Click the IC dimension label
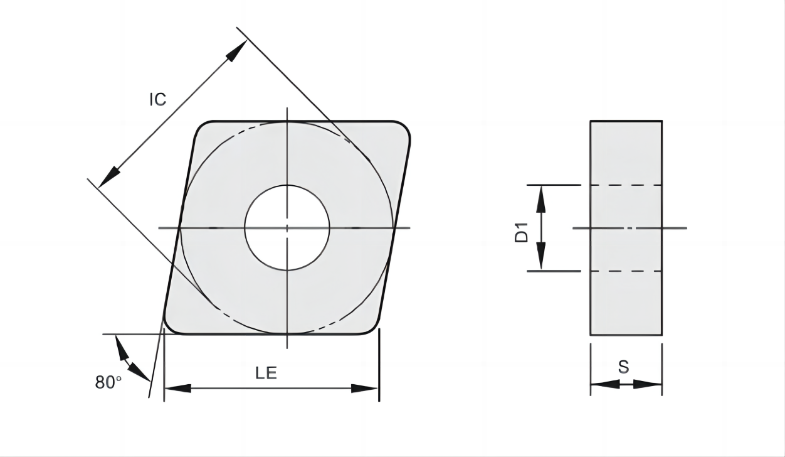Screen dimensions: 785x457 point(158,99)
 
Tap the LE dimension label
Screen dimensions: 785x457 point(266,373)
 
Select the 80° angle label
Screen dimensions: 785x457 point(108,382)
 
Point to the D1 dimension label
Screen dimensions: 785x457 point(522,232)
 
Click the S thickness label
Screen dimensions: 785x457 point(623,367)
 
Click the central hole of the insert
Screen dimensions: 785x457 point(287,228)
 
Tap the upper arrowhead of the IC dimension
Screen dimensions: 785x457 point(236,51)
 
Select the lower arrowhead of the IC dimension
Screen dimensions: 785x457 point(109,178)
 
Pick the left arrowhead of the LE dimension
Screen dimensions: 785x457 point(177,389)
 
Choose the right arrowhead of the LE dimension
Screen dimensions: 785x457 point(365,389)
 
